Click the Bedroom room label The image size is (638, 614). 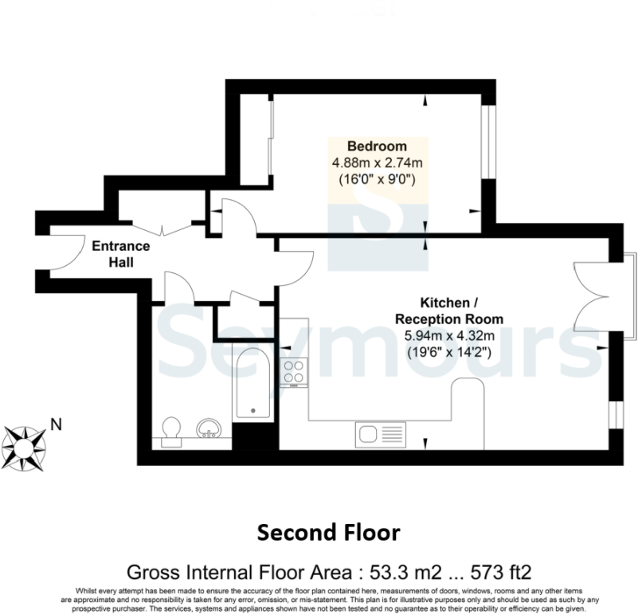point(377,147)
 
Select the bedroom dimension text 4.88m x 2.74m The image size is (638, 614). point(377,162)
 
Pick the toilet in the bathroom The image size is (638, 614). point(170,430)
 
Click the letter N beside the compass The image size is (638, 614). point(56,425)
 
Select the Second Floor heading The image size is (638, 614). point(327,531)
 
